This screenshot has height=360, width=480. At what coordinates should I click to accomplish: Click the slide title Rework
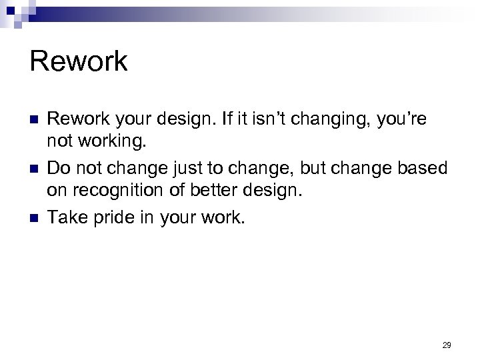(x=79, y=61)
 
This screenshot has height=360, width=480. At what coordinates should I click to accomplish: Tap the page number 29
(x=447, y=345)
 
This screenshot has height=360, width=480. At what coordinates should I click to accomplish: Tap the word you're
(x=402, y=120)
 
